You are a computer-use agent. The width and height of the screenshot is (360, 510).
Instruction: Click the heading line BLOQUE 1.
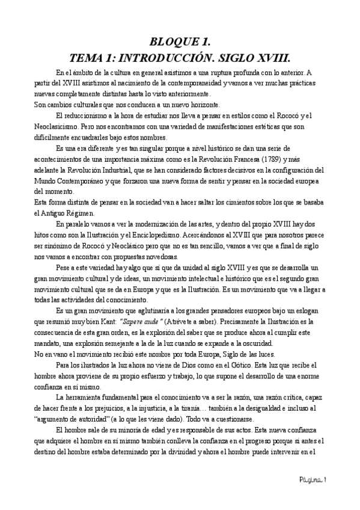coord(180,41)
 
